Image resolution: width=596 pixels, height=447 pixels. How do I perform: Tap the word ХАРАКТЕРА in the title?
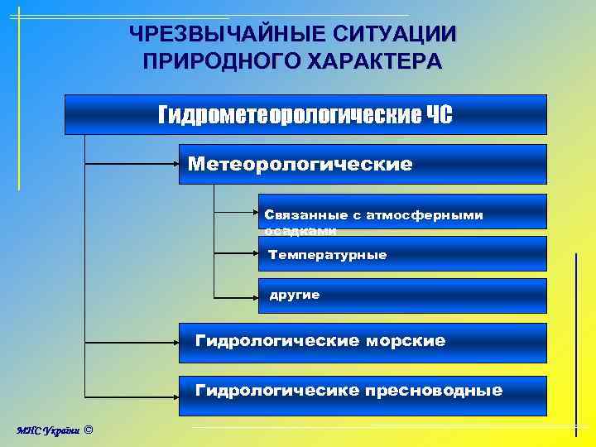(x=376, y=61)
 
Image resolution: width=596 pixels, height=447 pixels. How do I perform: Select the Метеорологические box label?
(x=300, y=164)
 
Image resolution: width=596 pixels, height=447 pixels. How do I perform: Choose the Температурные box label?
(x=327, y=255)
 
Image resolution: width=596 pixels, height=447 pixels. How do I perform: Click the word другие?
(x=294, y=295)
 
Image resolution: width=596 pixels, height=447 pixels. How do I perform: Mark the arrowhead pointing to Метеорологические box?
(x=176, y=164)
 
